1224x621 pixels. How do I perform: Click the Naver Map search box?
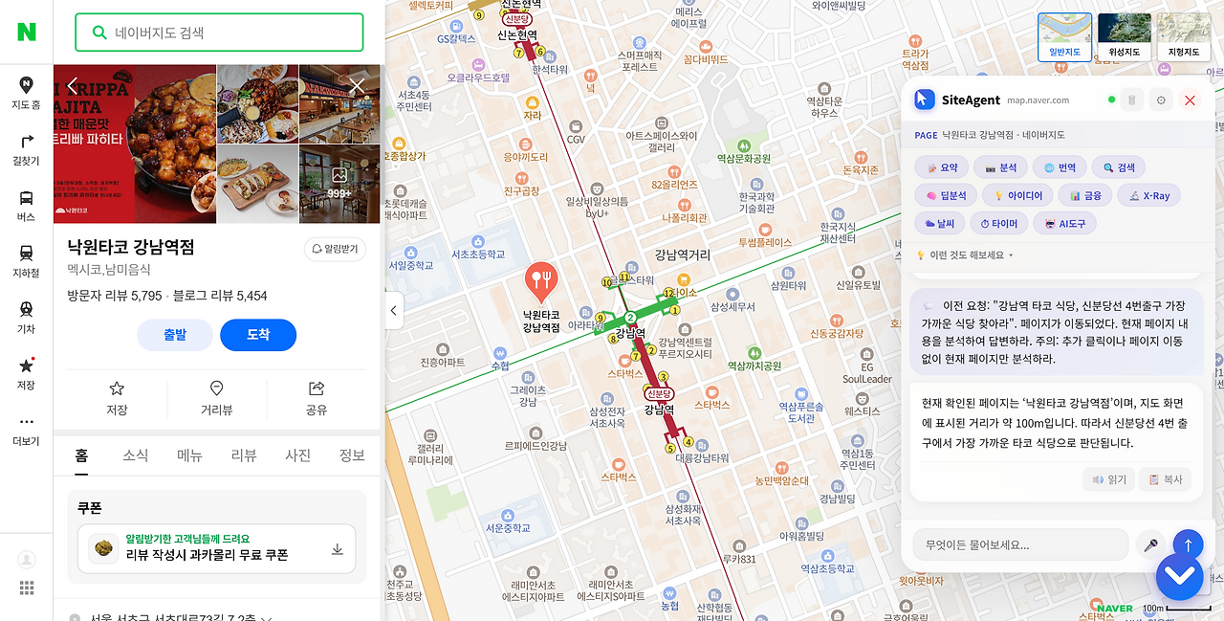coord(229,33)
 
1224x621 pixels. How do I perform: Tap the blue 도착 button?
coord(258,335)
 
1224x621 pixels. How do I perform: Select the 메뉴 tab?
coord(189,455)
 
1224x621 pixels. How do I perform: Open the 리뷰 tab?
coord(244,455)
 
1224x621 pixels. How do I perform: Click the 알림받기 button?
coord(335,249)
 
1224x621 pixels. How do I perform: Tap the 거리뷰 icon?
coord(217,388)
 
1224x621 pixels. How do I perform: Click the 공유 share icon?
coord(317,388)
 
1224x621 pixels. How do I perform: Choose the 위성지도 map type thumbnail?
coord(1124,36)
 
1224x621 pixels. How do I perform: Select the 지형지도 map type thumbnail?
coord(1183,36)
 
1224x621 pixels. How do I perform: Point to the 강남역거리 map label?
coord(683,255)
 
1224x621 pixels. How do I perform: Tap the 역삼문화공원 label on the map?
coord(744,158)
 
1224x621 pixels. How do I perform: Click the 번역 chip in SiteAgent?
coord(1058,167)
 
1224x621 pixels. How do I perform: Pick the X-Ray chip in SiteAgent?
coord(1148,195)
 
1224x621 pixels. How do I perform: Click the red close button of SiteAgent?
coord(1190,100)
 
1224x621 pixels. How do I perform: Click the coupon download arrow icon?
coord(337,549)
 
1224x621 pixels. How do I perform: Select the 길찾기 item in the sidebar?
coord(26,149)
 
